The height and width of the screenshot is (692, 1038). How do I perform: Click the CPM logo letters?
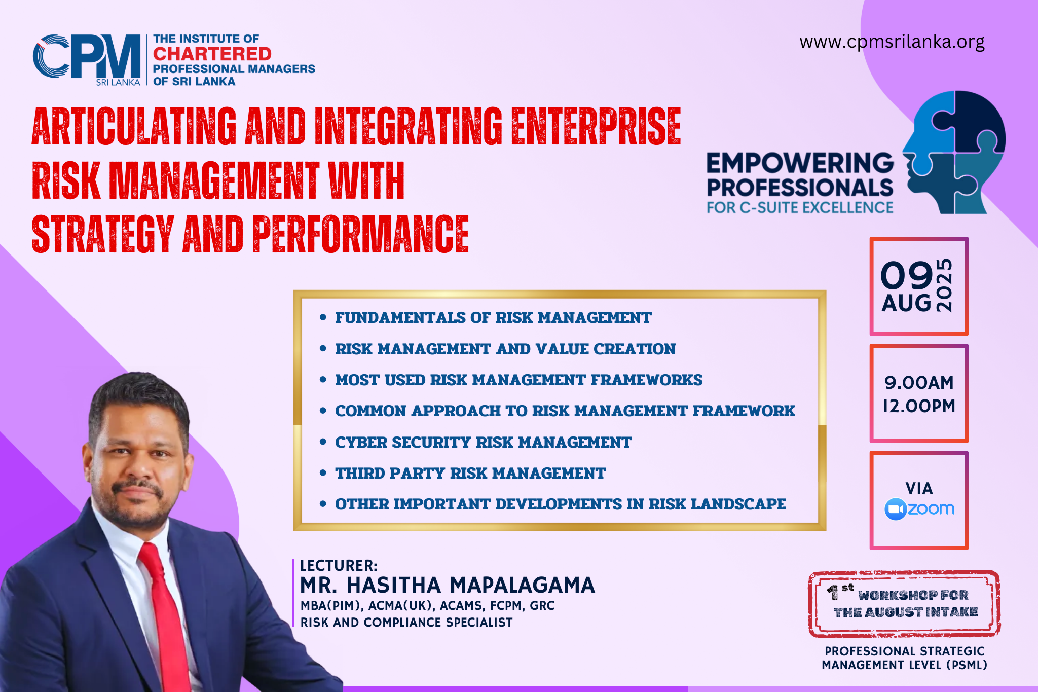[x=87, y=56]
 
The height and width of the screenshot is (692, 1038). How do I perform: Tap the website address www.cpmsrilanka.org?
[x=892, y=42]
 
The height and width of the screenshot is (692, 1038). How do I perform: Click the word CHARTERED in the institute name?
[x=212, y=54]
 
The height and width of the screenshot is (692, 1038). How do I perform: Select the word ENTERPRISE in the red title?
[x=596, y=126]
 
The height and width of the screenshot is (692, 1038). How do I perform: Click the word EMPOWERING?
[x=800, y=163]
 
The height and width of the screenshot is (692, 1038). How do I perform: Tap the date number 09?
[x=906, y=276]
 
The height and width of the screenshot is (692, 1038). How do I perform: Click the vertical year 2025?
[x=944, y=285]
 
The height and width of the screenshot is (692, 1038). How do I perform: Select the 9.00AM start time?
[x=919, y=383]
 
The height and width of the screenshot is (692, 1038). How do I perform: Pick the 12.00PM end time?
[x=919, y=406]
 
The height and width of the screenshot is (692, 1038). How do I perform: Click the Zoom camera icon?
[x=895, y=509]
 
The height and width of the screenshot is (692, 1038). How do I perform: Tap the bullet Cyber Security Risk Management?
[x=483, y=442]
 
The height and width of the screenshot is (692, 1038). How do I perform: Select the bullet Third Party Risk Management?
[x=470, y=473]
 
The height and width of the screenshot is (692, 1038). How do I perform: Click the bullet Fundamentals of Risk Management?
[x=493, y=317]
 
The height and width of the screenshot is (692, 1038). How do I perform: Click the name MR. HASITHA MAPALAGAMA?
[x=447, y=585]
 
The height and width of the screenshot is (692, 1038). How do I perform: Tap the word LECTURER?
[x=339, y=566]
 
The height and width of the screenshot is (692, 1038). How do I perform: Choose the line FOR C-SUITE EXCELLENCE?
[x=800, y=208]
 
